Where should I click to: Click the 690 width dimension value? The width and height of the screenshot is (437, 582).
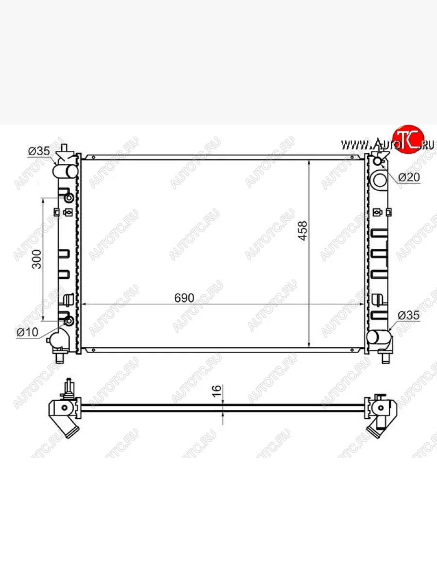click(184, 298)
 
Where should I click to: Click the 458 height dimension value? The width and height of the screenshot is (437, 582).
click(303, 231)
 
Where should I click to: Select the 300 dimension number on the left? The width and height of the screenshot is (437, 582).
click(36, 259)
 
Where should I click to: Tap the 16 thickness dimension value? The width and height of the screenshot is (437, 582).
click(217, 391)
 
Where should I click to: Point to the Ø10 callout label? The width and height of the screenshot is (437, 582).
click(27, 332)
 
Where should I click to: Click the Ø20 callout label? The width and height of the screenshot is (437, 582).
click(409, 178)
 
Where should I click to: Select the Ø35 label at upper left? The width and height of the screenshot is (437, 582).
click(39, 151)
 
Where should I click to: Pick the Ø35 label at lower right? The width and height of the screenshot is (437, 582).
click(409, 315)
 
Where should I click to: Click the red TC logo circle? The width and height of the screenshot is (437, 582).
click(408, 140)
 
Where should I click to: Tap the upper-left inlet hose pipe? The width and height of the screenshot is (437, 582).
click(65, 171)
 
